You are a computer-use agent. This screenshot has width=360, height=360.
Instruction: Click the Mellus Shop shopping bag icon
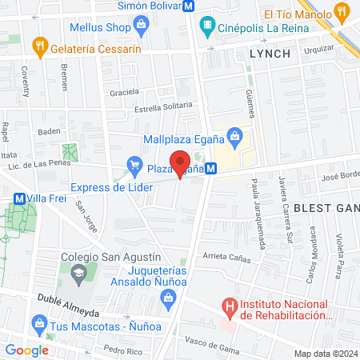coord(142,24)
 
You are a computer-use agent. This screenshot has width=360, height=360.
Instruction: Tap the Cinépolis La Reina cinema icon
coord(208,25)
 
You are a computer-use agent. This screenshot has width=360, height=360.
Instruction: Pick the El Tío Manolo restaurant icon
coord(342,13)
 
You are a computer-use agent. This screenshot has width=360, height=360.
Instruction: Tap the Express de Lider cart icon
coord(134,169)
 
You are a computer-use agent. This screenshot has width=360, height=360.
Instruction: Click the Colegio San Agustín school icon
coord(78,275)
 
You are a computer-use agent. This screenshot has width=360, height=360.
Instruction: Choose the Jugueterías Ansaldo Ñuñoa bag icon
coord(168,300)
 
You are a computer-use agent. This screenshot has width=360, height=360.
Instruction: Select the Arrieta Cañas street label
coord(228,256)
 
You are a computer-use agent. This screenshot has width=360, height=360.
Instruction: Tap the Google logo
coord(26,350)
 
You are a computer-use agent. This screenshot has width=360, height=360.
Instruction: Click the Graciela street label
coord(126,91)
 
